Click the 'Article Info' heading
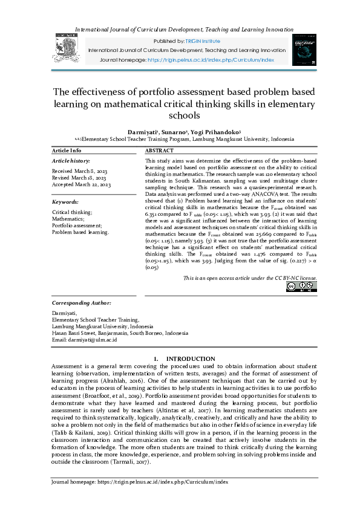(x=67, y=151)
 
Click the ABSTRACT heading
(x=160, y=151)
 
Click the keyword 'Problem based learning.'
(x=80, y=232)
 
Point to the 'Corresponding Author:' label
(x=82, y=302)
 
